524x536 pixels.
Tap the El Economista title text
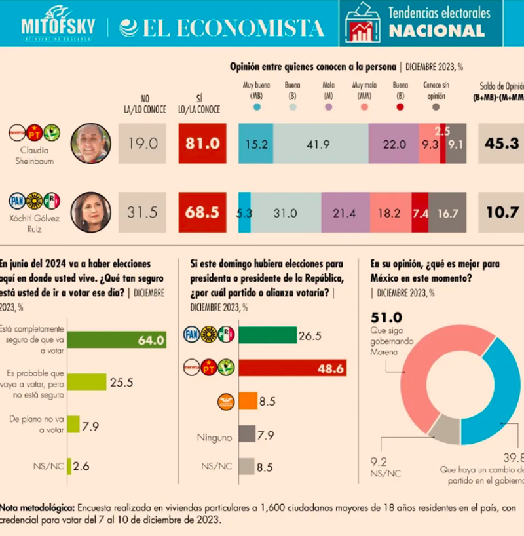(222, 28)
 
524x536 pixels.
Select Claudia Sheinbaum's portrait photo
(90, 144)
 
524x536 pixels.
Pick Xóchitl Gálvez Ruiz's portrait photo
(90, 212)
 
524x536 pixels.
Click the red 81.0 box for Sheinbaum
(202, 144)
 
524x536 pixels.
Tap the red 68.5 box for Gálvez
(202, 212)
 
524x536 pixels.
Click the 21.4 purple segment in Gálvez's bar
(345, 212)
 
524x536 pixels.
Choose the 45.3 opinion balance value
(501, 144)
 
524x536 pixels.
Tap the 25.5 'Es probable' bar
(86, 382)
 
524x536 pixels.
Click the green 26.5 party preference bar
(267, 335)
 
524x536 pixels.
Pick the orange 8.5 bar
(248, 401)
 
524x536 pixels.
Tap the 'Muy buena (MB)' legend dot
(259, 107)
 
